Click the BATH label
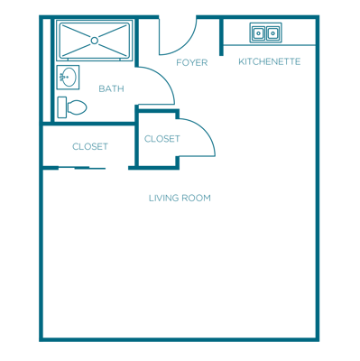click(x=112, y=88)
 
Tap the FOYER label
click(x=192, y=62)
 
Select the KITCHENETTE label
click(x=269, y=61)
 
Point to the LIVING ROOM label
click(x=180, y=198)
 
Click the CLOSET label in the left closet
click(x=90, y=146)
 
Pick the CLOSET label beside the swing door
click(x=162, y=139)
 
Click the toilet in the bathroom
click(x=74, y=106)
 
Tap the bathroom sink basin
click(x=66, y=78)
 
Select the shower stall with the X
click(x=95, y=40)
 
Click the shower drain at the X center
click(x=95, y=40)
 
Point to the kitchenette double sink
click(x=265, y=32)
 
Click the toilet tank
click(x=62, y=106)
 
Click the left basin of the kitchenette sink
click(x=259, y=32)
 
